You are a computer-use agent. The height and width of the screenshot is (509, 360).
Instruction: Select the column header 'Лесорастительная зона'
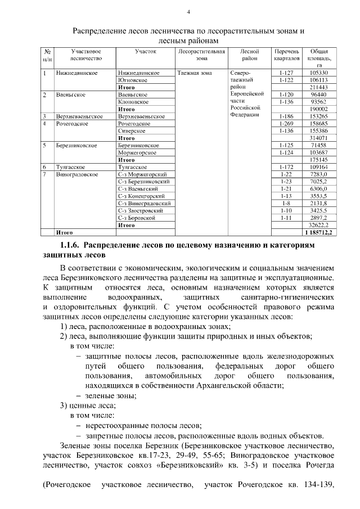coord(201,55)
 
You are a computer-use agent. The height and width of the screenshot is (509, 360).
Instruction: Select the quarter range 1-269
coord(286,123)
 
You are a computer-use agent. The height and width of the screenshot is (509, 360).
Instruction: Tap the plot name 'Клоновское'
coord(133,102)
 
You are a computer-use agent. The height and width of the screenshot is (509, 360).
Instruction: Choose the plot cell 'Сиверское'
coord(132,130)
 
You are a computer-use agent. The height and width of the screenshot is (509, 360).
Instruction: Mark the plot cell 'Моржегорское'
coord(137,152)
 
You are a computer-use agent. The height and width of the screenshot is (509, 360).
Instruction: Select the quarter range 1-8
coord(286,203)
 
